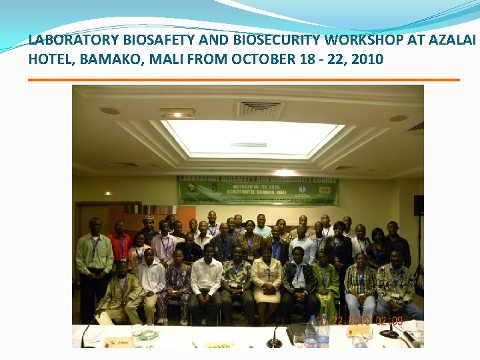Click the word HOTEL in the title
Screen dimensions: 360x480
pos(51,59)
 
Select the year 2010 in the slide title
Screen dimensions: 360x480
pos(367,59)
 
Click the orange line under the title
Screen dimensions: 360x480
pos(244,80)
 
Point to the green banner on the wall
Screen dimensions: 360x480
pos(258,190)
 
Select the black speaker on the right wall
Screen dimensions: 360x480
pos(418,205)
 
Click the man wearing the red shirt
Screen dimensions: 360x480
pos(120,247)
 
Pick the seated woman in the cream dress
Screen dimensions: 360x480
pos(267,280)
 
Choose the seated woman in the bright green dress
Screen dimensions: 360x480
pos(326,283)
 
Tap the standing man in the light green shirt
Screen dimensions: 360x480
pos(94,260)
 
